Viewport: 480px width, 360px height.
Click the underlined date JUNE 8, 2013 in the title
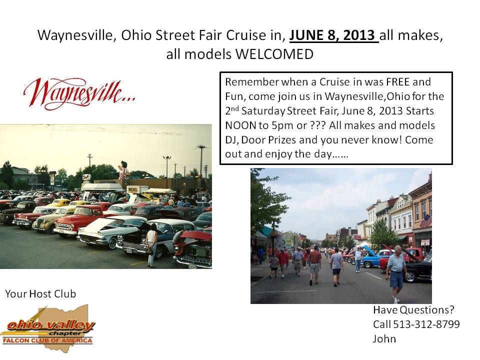333,35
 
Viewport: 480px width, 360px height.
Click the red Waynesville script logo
79,93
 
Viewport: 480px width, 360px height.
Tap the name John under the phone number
384,338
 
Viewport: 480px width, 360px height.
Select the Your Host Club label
40,294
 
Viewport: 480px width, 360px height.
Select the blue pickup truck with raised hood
372,256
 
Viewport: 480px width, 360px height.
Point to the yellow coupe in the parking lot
59,202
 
